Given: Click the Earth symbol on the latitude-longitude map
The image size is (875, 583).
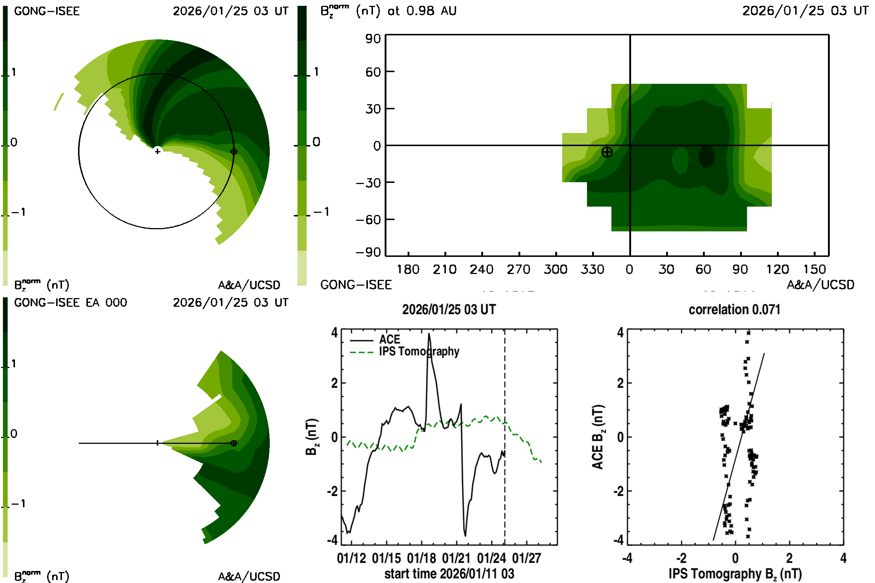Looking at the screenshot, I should click(x=607, y=152).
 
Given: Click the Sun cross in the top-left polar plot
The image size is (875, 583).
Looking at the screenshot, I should click(x=157, y=151).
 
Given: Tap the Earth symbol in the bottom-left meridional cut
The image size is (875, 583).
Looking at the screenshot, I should click(x=234, y=443).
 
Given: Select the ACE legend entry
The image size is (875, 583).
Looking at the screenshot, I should click(x=389, y=340).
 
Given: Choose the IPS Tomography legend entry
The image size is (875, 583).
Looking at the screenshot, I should click(x=419, y=351).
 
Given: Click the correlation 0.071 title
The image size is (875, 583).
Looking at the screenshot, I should click(x=734, y=310).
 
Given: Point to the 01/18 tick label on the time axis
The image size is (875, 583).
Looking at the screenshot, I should click(x=421, y=558).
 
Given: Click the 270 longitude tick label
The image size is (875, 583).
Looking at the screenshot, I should click(x=518, y=269).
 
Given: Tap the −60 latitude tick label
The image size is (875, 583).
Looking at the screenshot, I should click(x=368, y=220).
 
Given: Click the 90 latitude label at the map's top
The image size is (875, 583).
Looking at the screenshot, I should click(x=373, y=39).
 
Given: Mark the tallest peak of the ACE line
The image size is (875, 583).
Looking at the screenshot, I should click(x=429, y=334).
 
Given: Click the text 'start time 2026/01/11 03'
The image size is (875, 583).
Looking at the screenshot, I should click(x=449, y=574).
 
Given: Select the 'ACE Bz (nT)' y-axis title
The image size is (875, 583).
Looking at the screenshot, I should click(x=598, y=437).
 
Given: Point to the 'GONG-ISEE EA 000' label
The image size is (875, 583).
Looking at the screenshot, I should click(x=70, y=303).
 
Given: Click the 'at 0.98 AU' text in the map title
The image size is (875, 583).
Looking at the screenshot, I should click(x=422, y=11).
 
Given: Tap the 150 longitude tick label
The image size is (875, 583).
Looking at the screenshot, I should click(x=814, y=269).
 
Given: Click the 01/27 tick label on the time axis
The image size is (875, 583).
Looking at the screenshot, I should click(x=526, y=558).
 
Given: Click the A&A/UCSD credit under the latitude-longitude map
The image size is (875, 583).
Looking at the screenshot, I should click(x=820, y=285).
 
